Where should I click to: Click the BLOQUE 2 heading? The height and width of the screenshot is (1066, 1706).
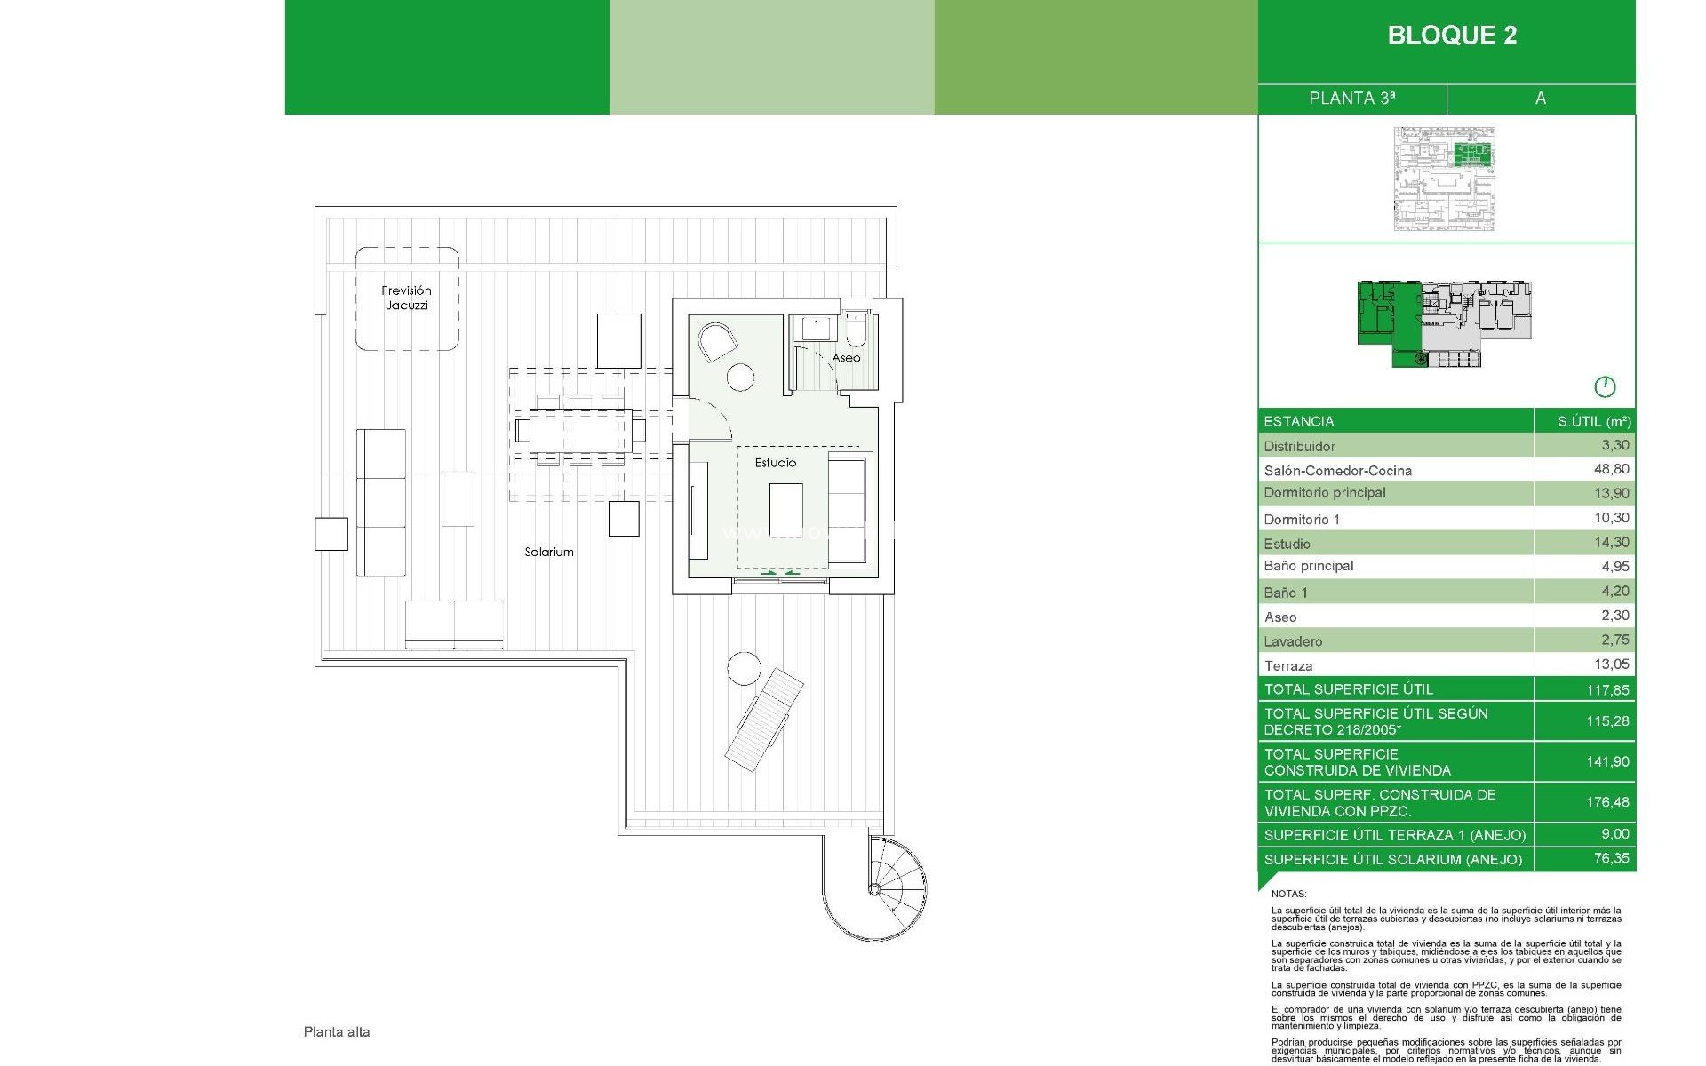(x=1452, y=36)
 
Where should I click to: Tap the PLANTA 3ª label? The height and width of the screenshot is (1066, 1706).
(x=1351, y=99)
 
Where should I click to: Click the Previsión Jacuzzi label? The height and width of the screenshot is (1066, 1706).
(x=407, y=298)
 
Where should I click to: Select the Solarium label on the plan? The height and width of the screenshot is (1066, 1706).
(x=549, y=552)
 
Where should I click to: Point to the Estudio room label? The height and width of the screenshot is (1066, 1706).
(x=776, y=463)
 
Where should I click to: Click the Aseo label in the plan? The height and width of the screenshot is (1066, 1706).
(x=846, y=358)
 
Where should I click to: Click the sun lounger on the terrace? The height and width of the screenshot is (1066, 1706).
(x=763, y=720)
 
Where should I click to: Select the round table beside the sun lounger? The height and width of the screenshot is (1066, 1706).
(x=744, y=668)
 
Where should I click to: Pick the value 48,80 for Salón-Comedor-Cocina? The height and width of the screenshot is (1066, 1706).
(x=1611, y=469)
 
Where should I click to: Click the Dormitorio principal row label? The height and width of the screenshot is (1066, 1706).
(x=1325, y=493)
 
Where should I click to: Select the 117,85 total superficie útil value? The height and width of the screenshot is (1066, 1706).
(x=1607, y=690)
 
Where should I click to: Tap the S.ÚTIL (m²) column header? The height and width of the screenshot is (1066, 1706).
(x=1594, y=422)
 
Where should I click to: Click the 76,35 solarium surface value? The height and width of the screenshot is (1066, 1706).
(x=1611, y=858)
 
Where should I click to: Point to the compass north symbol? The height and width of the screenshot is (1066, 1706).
(x=1605, y=387)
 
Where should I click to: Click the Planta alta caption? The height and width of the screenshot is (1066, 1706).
(x=337, y=1032)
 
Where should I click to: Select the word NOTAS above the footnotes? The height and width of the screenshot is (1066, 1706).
(x=1288, y=894)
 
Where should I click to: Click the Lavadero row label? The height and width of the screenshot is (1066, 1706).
(x=1293, y=641)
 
